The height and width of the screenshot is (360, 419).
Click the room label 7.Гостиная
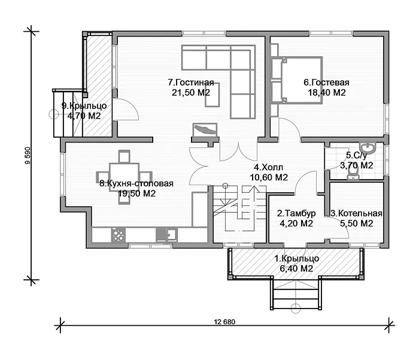click(191, 83)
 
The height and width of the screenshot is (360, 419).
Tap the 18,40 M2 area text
click(327, 93)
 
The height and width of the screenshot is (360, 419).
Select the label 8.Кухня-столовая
click(136, 184)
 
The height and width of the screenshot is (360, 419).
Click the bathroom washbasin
click(366, 147)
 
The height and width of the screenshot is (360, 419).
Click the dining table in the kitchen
click(124, 177)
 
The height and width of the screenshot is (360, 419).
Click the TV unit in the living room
click(204, 131)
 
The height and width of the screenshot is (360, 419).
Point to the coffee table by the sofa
click(213, 95)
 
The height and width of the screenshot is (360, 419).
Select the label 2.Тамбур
click(296, 213)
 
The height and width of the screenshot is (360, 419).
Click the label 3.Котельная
click(357, 213)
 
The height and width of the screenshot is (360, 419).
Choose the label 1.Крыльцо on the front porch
click(296, 259)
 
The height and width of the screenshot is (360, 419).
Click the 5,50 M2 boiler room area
click(357, 223)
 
